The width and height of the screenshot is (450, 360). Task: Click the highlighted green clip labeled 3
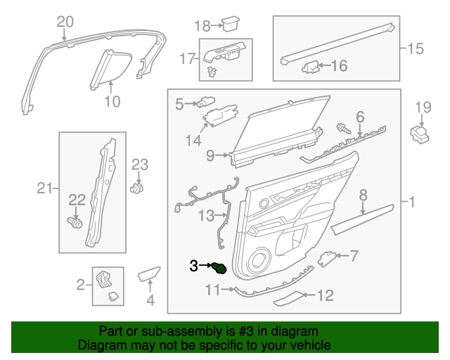220,268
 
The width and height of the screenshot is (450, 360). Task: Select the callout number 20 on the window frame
65,21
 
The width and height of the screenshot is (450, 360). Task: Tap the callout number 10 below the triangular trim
112,101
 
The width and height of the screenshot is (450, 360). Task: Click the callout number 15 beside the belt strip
416,49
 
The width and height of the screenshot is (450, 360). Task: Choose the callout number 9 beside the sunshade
210,156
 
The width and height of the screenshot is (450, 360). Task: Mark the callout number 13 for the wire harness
205,214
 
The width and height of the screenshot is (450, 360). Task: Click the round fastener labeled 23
138,188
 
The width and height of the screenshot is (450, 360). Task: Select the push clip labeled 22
75,224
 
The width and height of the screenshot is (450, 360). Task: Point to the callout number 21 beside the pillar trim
45,188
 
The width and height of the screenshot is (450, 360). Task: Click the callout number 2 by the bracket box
81,285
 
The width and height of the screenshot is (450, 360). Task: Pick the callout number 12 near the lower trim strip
326,296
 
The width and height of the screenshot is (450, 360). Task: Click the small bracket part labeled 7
328,258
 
